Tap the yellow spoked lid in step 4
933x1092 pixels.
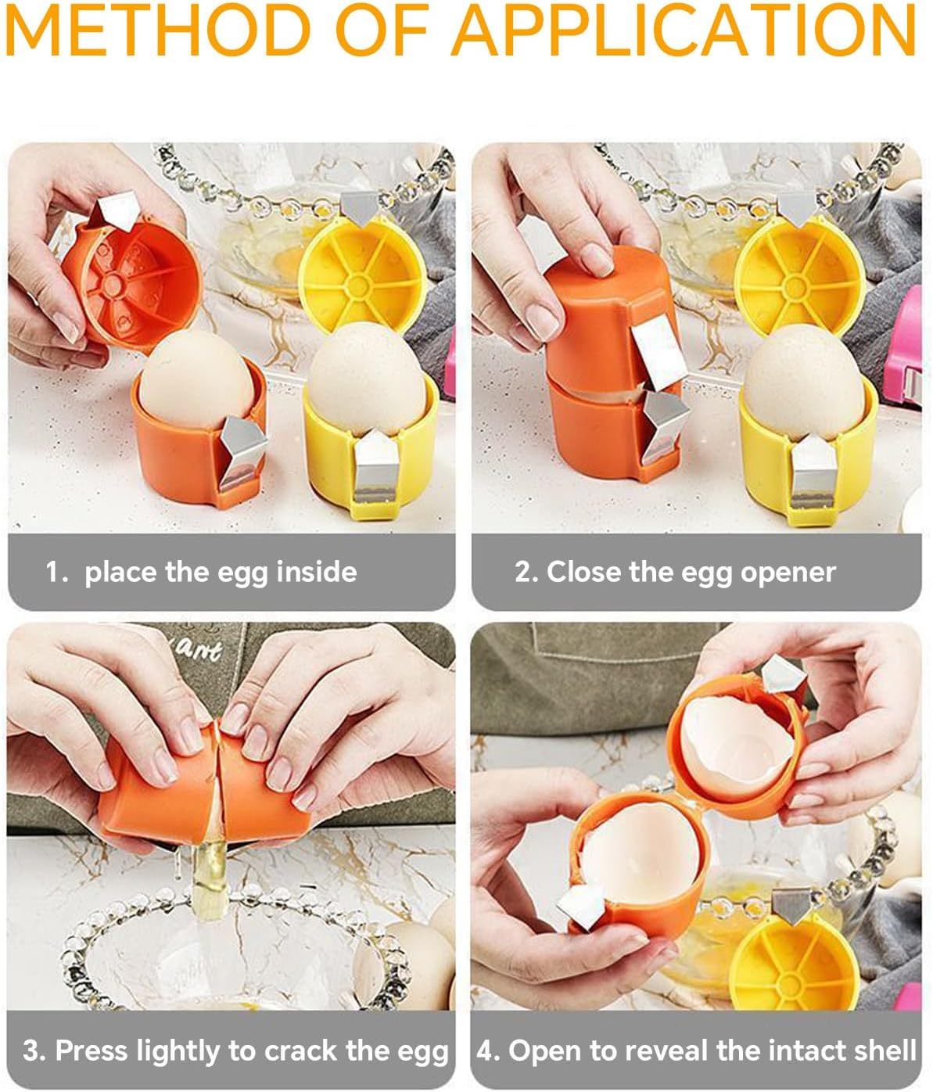click(790, 962)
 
